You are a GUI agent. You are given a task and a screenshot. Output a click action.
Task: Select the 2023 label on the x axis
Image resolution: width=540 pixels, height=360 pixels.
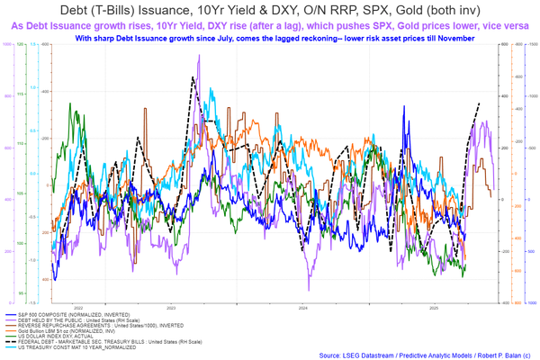tap(171, 307)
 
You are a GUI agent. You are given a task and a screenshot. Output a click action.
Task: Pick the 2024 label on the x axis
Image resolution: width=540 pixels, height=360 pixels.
tap(303, 307)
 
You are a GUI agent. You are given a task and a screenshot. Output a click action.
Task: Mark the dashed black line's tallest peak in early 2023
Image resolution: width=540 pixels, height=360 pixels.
tap(192, 78)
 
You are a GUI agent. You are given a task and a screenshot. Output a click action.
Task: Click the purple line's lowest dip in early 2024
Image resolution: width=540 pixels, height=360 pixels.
tap(309, 289)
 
